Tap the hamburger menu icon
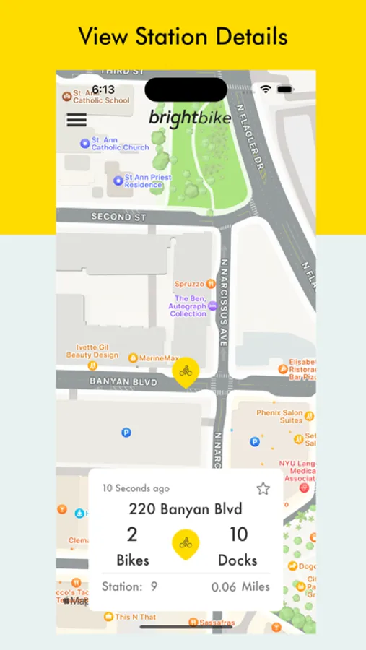[77, 120]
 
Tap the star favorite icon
[263, 489]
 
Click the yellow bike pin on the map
[186, 372]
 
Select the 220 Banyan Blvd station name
[186, 508]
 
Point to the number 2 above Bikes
[132, 534]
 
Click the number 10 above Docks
[238, 534]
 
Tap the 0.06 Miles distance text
[240, 586]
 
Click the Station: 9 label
[130, 586]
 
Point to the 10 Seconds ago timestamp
[136, 488]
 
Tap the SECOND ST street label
[118, 217]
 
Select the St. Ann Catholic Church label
[116, 144]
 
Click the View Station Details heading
[183, 36]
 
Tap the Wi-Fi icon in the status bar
[266, 89]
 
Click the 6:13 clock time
[103, 90]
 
